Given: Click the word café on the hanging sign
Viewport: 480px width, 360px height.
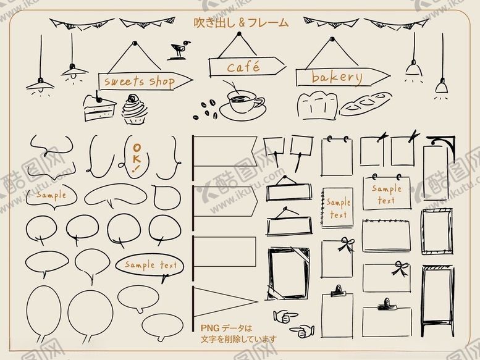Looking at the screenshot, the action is (243, 67).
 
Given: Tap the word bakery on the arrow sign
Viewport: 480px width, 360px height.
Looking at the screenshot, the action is (337, 77).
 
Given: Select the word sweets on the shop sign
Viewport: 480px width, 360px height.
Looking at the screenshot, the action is (124, 82).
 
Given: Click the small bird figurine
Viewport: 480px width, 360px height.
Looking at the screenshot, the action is (179, 49).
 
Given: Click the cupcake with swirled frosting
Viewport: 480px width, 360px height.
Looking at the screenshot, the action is (134, 109).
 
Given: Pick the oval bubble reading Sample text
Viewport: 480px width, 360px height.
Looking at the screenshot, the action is (149, 266).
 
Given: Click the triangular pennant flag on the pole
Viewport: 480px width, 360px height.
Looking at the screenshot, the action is (225, 301).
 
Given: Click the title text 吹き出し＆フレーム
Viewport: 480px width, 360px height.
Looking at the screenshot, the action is (241, 23).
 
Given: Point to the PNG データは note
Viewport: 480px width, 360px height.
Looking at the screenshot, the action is (227, 328).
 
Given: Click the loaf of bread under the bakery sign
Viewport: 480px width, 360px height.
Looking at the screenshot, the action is (317, 106).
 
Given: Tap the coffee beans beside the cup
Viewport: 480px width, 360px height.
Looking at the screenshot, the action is (206, 110).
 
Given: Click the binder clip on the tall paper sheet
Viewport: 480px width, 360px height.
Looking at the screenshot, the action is (338, 290).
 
